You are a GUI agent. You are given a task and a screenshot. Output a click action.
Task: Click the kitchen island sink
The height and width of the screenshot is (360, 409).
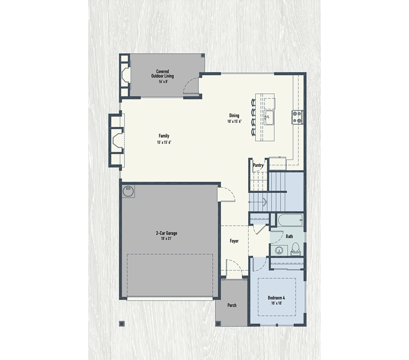[x=269, y=118]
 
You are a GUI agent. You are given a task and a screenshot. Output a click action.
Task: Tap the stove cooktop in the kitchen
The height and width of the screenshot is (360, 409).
[x=297, y=117]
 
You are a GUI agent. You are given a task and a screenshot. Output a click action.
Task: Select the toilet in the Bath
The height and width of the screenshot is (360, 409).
[x=295, y=249]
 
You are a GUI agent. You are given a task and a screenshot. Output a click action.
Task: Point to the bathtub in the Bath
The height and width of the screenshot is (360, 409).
[x=289, y=221]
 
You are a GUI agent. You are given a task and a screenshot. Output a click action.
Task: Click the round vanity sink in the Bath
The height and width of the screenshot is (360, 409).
[x=278, y=250]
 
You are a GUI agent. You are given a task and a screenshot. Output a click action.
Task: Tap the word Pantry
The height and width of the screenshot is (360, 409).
[x=258, y=165]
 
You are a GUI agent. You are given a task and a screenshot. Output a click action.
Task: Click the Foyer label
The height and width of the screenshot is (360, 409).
[x=234, y=241]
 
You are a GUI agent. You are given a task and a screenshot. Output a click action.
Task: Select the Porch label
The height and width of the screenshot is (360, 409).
[x=232, y=305]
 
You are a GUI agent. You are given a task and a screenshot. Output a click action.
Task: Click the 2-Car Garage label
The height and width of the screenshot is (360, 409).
[x=166, y=234]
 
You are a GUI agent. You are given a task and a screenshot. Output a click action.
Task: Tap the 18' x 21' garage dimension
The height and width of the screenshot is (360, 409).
[x=166, y=239]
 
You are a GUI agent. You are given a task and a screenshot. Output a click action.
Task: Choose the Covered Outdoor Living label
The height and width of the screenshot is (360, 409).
[x=162, y=74]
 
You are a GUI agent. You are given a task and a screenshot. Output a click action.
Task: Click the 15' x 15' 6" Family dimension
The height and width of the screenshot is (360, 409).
[x=164, y=142]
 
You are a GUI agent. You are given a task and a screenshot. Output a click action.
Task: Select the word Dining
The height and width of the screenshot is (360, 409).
[x=234, y=115]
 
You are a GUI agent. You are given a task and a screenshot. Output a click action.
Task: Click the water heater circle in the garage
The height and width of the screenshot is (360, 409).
[x=128, y=191]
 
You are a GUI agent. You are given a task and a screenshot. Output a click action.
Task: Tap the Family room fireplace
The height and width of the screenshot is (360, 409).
[x=117, y=140]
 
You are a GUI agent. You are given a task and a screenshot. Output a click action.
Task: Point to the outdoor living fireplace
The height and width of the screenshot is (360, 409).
[x=125, y=74]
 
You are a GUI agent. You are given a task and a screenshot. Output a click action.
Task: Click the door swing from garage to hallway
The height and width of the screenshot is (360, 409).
[x=226, y=195]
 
